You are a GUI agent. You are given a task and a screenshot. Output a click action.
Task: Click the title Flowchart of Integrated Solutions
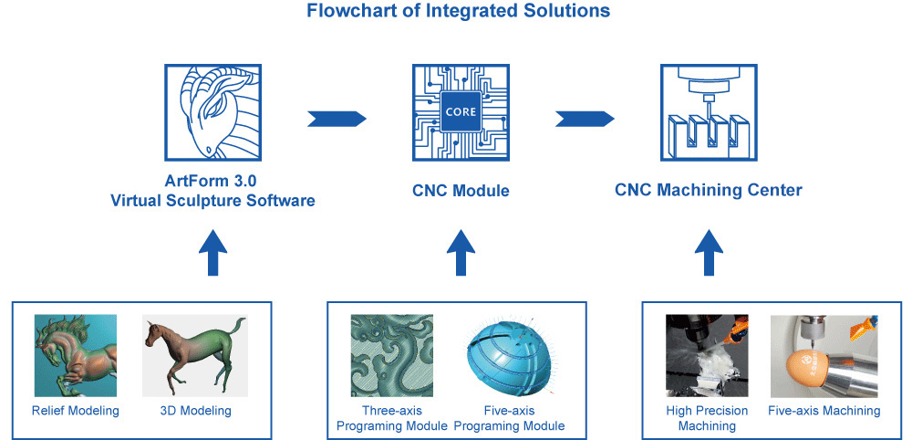click(458, 12)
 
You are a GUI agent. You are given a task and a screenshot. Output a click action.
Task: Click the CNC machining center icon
click(709, 112)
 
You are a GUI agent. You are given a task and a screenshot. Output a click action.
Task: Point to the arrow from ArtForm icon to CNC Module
click(337, 119)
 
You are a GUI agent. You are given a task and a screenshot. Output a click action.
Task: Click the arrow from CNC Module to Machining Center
click(585, 119)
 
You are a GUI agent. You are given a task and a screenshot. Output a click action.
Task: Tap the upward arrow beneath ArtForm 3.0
click(212, 253)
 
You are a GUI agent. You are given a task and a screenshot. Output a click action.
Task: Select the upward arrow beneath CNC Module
click(460, 253)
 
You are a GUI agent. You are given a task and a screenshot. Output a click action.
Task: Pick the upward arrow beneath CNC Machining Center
click(709, 253)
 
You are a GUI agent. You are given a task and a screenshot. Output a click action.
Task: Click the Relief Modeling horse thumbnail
click(76, 356)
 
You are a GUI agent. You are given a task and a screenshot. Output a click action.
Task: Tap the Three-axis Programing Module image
click(392, 356)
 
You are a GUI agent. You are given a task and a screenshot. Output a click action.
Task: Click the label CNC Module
click(460, 191)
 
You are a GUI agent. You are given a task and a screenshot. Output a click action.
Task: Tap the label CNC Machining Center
click(709, 190)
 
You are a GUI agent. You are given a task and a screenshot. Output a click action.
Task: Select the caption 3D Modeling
click(193, 411)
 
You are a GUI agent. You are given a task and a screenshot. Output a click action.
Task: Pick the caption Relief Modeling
click(76, 411)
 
